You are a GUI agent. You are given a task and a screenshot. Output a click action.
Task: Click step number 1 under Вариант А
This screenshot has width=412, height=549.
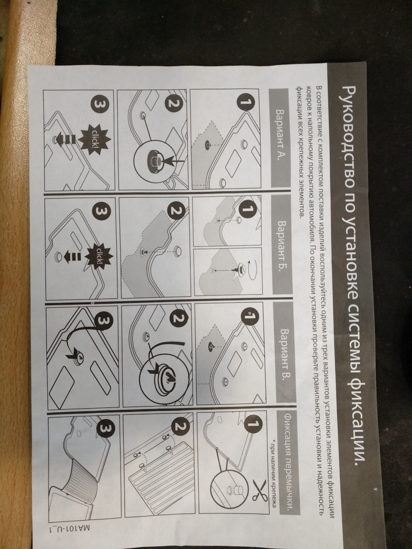246,103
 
